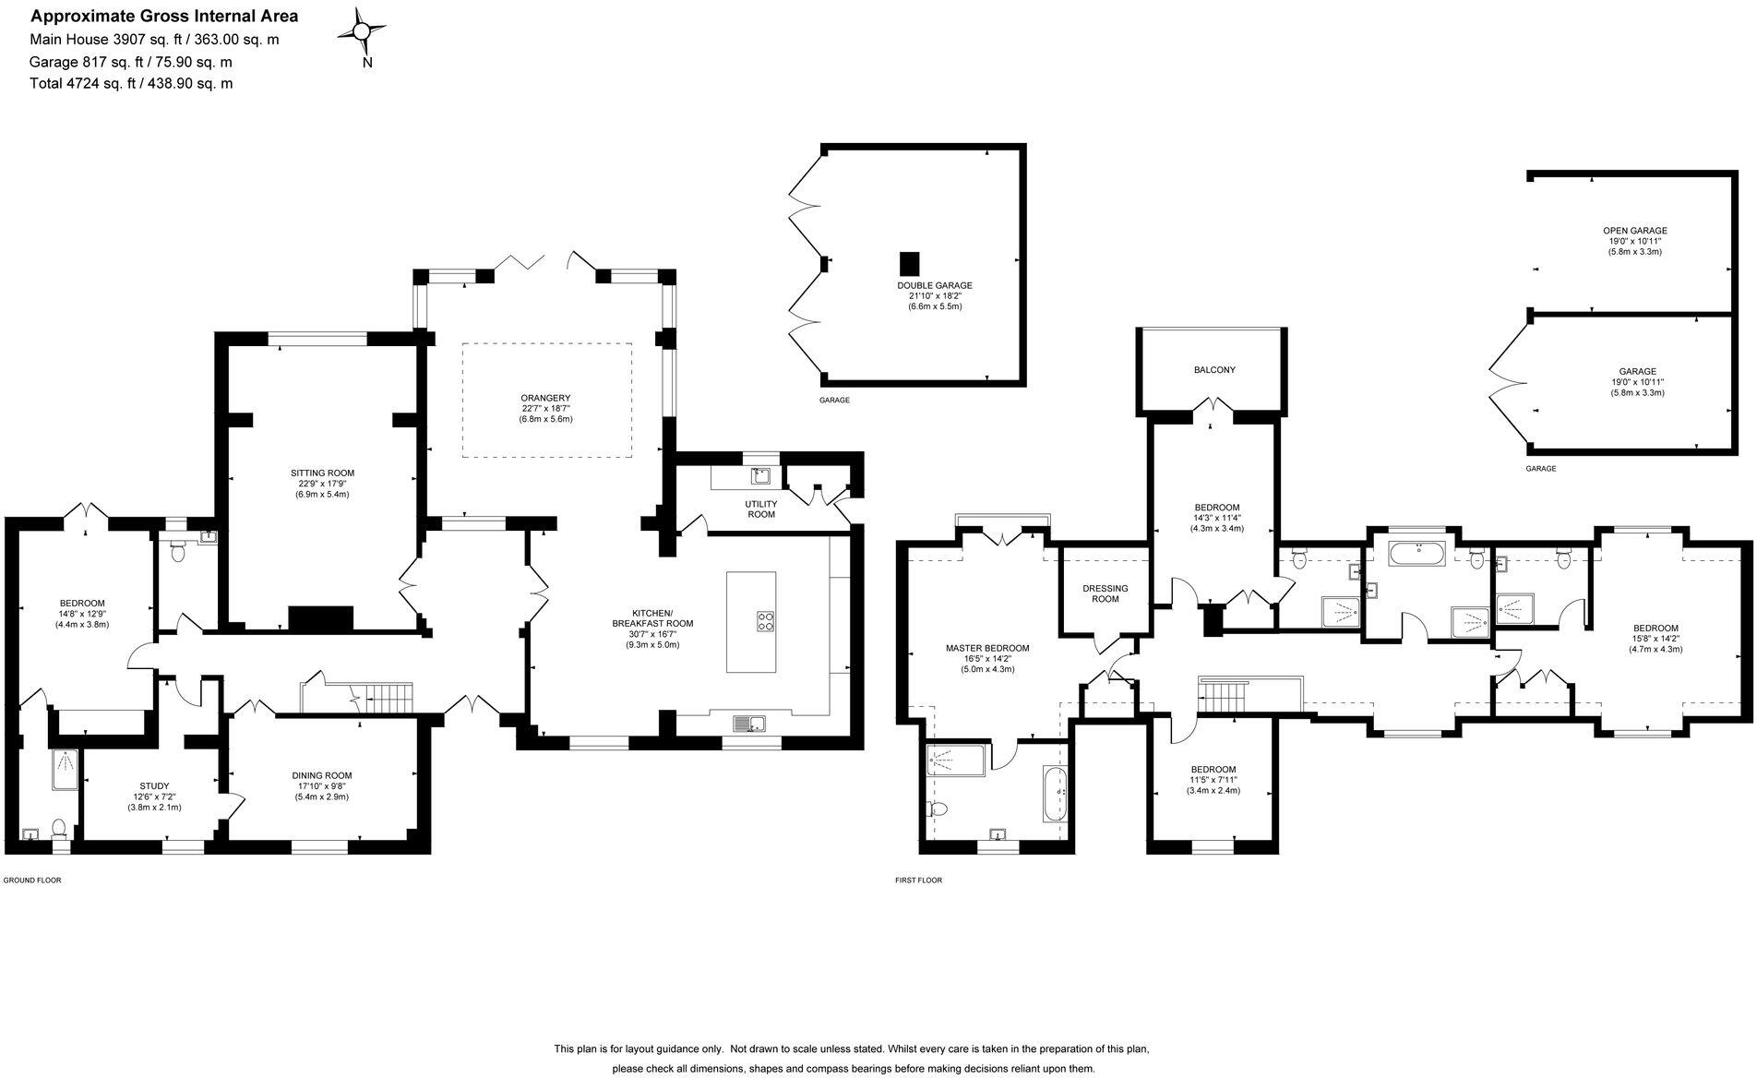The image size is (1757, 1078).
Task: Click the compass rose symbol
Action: [x=363, y=32]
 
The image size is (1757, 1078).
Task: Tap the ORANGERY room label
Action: [x=545, y=398]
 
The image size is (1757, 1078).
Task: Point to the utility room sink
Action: [x=760, y=476]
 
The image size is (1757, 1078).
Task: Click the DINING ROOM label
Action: [x=321, y=775]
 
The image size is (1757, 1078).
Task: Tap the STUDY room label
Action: [x=154, y=785]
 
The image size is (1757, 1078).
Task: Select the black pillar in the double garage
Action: [x=910, y=261]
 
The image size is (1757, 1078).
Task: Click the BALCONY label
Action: [x=1213, y=370]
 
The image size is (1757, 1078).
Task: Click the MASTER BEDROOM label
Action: [x=986, y=648]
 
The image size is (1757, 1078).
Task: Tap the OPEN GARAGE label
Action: [x=1634, y=231]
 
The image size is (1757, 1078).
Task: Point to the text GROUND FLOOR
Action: [x=32, y=880]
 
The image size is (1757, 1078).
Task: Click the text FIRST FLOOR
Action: [x=918, y=880]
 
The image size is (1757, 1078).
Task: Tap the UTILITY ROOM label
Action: [x=760, y=509]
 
